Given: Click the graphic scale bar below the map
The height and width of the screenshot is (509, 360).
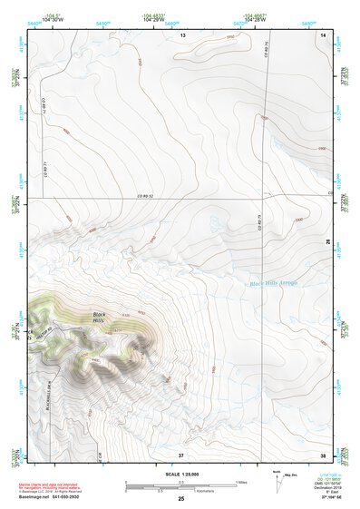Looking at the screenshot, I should coord(180,486).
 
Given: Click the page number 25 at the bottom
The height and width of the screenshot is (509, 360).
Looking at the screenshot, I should coord(180,499).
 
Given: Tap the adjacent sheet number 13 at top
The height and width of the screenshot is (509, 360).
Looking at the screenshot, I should coord(181,34).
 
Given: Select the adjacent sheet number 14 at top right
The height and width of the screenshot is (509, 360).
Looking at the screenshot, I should coord(325,34).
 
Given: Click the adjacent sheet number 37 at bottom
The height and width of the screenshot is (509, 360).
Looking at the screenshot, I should coord(180,454).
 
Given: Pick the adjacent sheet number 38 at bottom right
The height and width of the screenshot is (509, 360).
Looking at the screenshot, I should coord(324,454).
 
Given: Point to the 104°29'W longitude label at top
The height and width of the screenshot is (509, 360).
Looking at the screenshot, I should coord(153,16).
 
